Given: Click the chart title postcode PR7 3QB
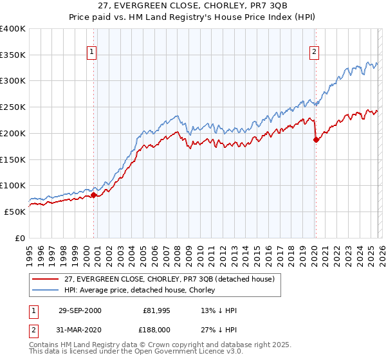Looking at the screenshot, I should pyautogui.click(x=244, y=6).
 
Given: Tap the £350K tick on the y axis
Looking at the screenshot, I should pyautogui.click(x=13, y=55).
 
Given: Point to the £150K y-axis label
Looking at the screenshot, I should pyautogui.click(x=13, y=159).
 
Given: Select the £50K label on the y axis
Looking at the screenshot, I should pyautogui.click(x=15, y=212).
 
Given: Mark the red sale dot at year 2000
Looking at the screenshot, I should pyautogui.click(x=94, y=195).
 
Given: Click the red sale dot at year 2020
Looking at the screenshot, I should pyautogui.click(x=316, y=139).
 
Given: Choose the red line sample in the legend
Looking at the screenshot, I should pyautogui.click(x=46, y=279).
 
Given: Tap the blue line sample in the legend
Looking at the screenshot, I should pyautogui.click(x=46, y=291).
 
